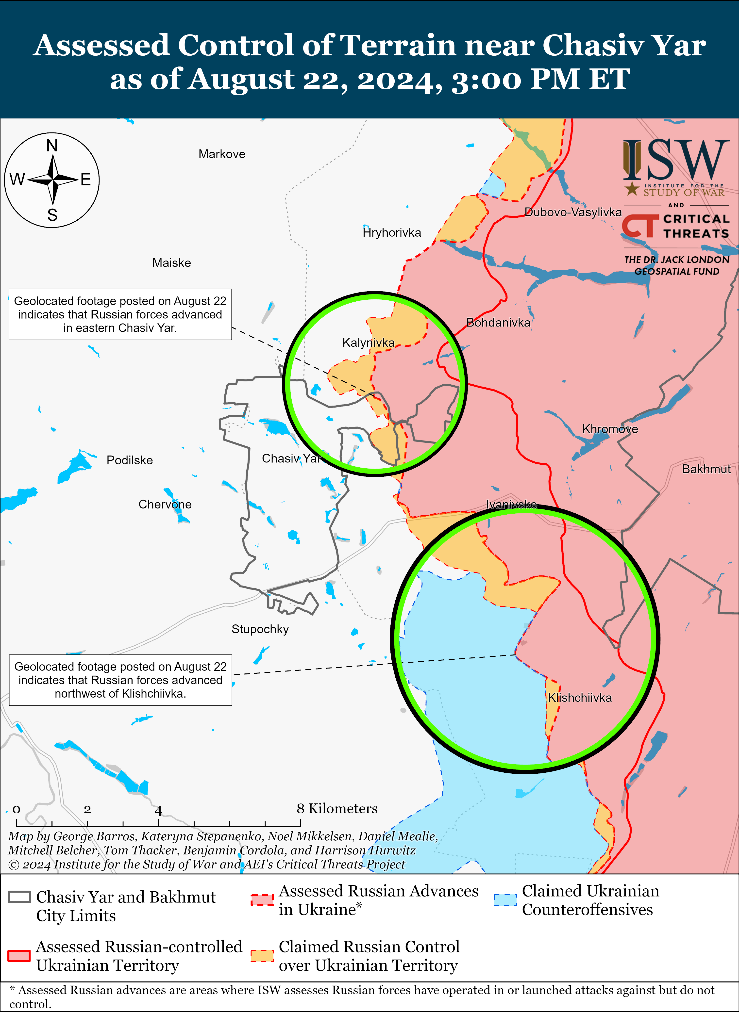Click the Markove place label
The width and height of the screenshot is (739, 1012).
click(x=222, y=154)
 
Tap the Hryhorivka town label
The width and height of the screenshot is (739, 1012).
click(x=392, y=232)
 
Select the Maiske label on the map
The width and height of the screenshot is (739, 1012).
click(x=171, y=263)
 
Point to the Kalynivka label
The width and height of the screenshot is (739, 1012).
click(x=368, y=343)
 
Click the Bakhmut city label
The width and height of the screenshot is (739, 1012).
click(x=706, y=469)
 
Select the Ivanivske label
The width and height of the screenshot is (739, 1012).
click(x=511, y=505)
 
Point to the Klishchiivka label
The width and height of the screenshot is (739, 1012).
click(x=580, y=698)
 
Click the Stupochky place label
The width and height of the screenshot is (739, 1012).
click(x=260, y=629)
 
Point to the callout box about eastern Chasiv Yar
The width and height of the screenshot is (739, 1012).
click(x=120, y=314)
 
